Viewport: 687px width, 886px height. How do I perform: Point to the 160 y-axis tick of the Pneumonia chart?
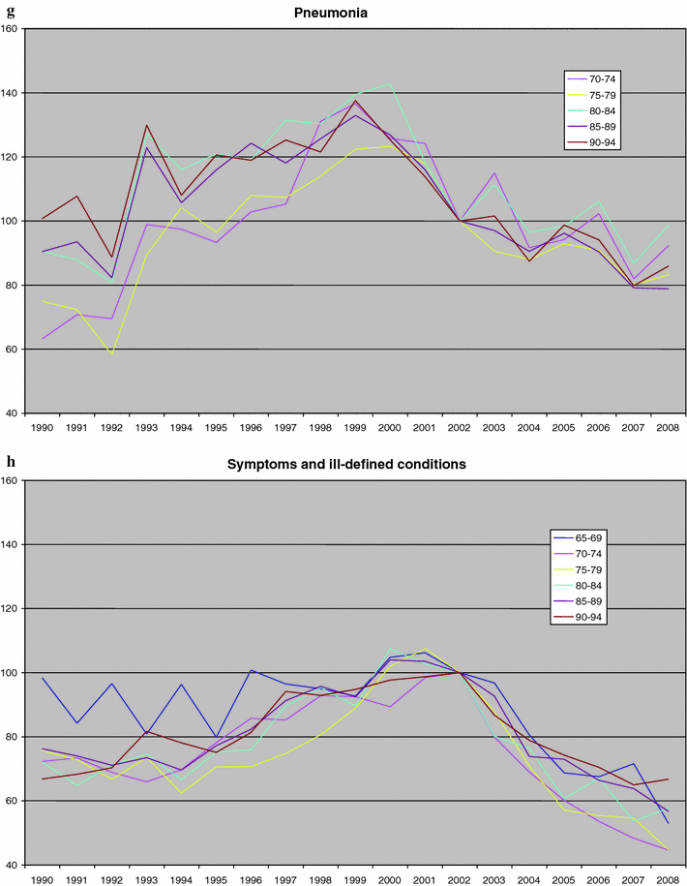[11, 29]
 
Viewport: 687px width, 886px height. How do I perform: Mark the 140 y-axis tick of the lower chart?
[11, 544]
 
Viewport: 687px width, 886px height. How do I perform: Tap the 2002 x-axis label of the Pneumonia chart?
[460, 427]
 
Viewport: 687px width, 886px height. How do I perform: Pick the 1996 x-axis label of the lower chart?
[252, 878]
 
